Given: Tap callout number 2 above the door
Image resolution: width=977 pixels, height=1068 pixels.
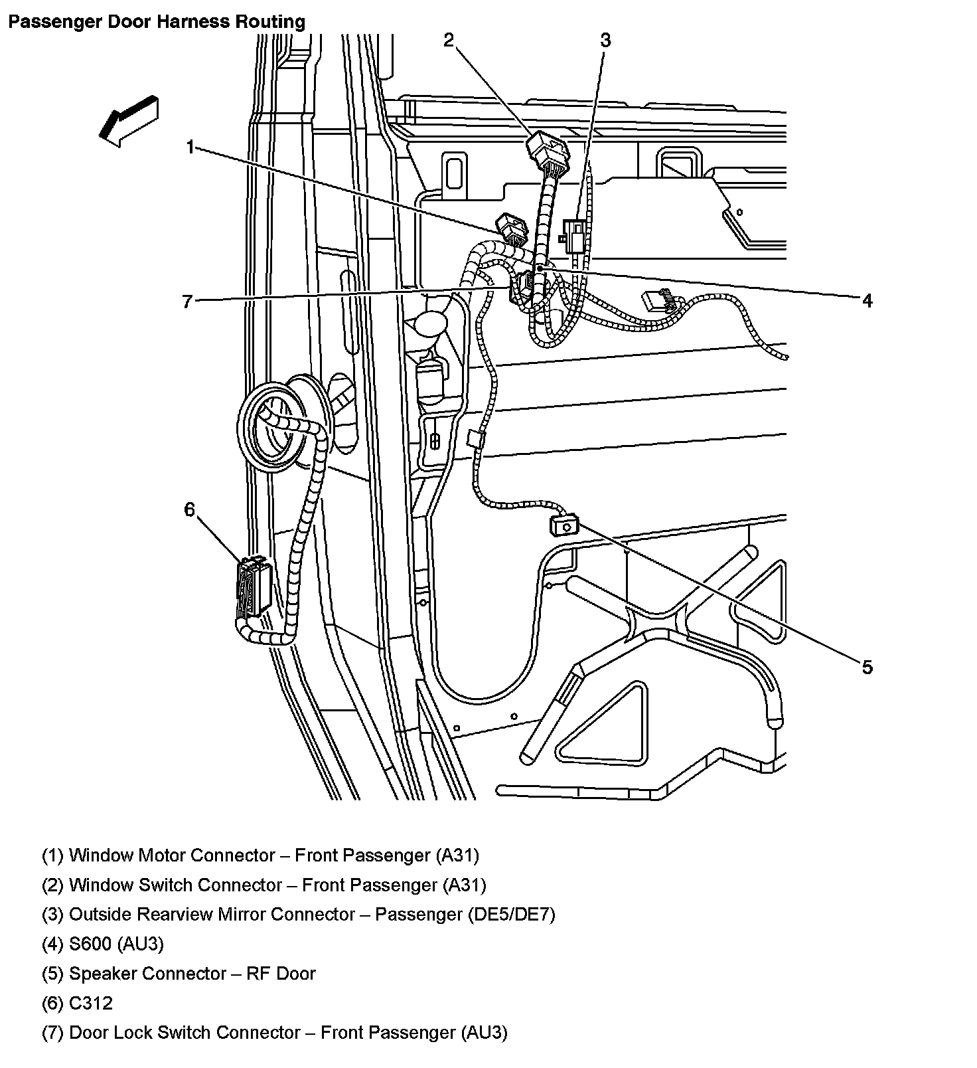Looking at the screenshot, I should (x=449, y=41).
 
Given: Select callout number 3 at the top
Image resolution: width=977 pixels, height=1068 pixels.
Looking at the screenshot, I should (x=605, y=41).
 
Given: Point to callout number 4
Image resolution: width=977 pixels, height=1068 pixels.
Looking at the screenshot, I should (x=867, y=301).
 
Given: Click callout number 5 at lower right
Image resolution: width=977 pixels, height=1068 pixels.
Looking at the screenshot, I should (x=867, y=667).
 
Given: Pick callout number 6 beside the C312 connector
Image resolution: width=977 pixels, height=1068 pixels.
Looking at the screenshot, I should (x=190, y=509).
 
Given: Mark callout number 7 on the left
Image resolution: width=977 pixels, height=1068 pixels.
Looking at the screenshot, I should (x=187, y=302).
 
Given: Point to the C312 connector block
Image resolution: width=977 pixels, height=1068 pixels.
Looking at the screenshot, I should (x=254, y=587).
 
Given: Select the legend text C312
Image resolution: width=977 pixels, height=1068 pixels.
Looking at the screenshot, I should (x=92, y=1003).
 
